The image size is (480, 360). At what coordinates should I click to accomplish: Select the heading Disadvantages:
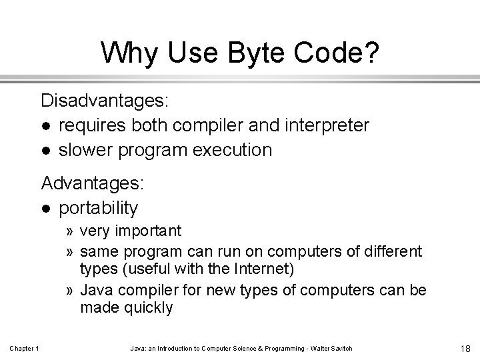[x=105, y=101]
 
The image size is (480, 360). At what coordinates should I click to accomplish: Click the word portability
[x=98, y=208]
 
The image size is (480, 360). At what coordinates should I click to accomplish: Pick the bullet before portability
[x=45, y=209]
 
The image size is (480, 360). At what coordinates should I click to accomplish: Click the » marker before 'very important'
[x=69, y=232]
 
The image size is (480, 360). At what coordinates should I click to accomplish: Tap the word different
[x=391, y=251]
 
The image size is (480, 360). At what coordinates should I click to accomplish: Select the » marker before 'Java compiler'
[x=69, y=290]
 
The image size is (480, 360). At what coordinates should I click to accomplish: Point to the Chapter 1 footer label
[x=25, y=349]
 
